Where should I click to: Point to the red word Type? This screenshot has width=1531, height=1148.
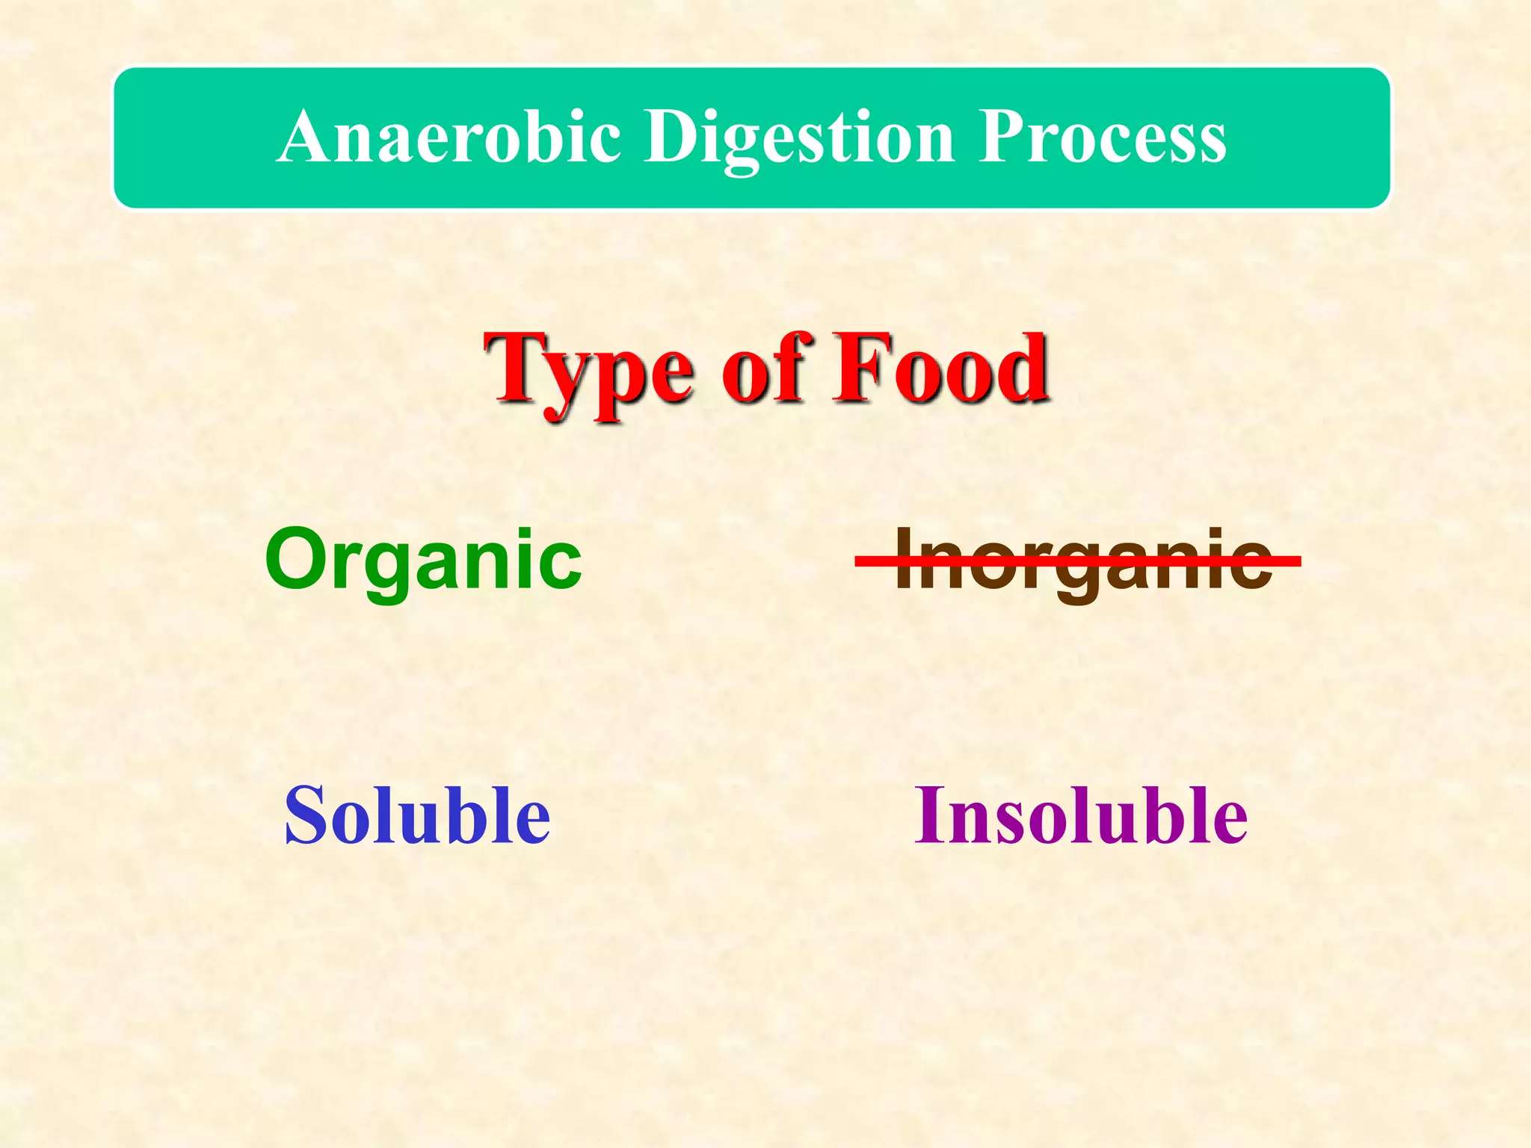[x=590, y=370]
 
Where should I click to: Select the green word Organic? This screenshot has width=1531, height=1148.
[x=423, y=561]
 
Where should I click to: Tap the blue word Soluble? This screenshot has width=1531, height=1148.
[x=417, y=815]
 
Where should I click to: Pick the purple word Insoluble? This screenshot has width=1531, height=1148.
[x=1081, y=815]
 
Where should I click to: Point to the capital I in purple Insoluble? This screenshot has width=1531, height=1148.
[x=928, y=815]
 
